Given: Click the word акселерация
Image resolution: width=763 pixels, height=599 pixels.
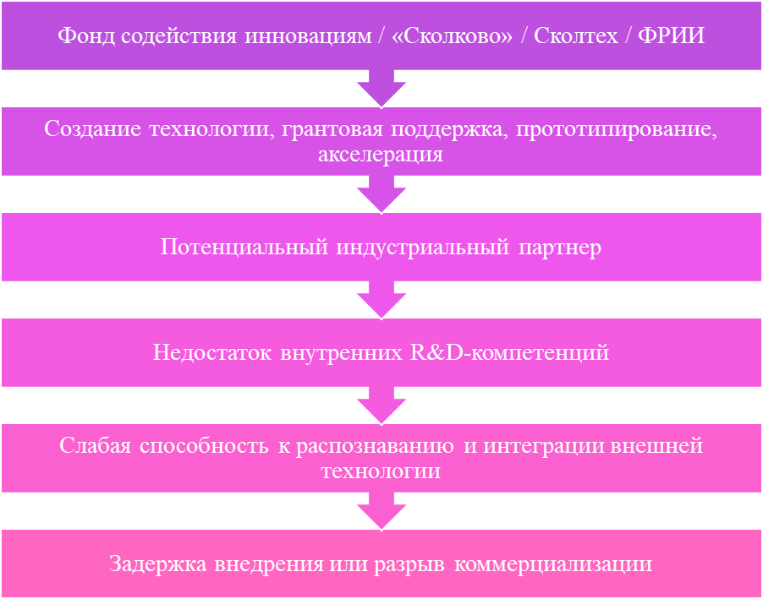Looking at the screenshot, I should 381,155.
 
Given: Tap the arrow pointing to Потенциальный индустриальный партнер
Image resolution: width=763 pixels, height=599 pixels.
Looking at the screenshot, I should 381,195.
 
